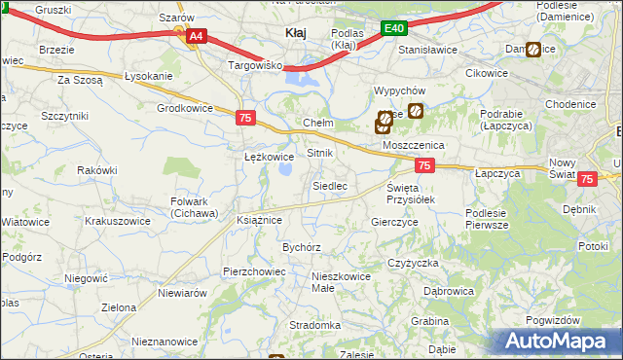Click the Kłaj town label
coord(296,32)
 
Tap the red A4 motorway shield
coord(196,37)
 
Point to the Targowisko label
coord(254,65)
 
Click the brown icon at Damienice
coord(533,50)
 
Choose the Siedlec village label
coord(330,186)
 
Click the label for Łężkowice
coord(269,157)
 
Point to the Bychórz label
coord(302,248)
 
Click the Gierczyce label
coord(394,222)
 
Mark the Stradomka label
coord(314,325)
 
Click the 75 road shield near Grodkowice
coord(246,118)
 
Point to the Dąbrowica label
coord(449,291)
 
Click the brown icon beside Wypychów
coord(416,111)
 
